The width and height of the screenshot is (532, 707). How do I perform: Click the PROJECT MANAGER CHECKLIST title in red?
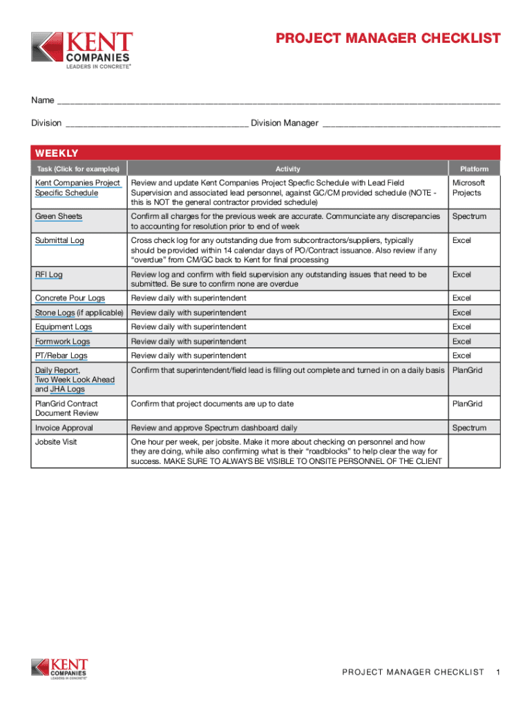pyautogui.click(x=388, y=39)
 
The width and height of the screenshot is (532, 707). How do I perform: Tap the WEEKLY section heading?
pyautogui.click(x=57, y=153)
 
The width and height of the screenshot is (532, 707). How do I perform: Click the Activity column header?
pyautogui.click(x=287, y=169)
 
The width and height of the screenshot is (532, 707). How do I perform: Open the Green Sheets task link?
pyautogui.click(x=59, y=217)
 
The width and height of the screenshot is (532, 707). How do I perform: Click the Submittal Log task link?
pyautogui.click(x=59, y=240)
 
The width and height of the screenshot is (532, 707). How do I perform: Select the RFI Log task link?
pyautogui.click(x=49, y=275)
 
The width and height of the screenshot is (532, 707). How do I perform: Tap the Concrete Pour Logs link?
pyautogui.click(x=70, y=298)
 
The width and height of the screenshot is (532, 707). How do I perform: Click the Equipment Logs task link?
pyautogui.click(x=64, y=327)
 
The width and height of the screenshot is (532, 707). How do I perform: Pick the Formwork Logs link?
pyautogui.click(x=62, y=342)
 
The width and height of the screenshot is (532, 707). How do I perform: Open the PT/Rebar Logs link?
pyautogui.click(x=61, y=356)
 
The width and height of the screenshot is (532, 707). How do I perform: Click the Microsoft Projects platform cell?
pyautogui.click(x=468, y=188)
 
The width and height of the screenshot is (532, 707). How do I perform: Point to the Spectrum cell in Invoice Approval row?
pyautogui.click(x=469, y=428)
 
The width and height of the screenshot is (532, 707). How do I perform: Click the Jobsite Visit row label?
pyautogui.click(x=56, y=442)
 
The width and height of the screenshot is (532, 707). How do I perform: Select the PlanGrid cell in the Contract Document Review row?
pyautogui.click(x=466, y=404)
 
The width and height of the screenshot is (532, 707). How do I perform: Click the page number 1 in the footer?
pyautogui.click(x=497, y=672)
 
